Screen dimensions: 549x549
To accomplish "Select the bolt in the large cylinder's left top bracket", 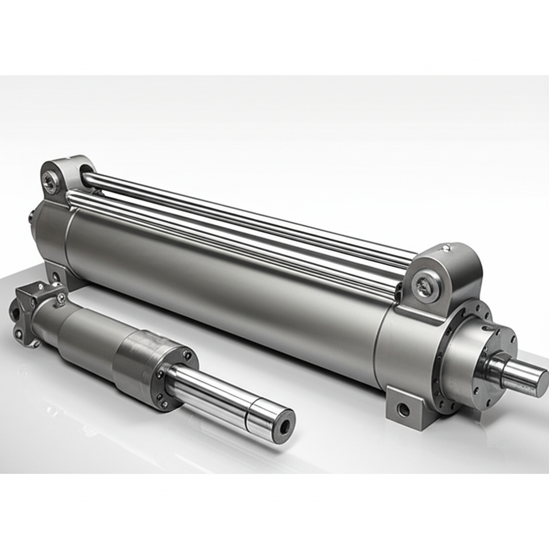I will pos(50,182).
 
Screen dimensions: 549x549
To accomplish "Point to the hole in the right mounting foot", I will pos(403,410).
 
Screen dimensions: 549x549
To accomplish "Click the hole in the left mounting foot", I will pos(55,277).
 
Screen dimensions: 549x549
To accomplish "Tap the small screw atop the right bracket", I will pos(446,248).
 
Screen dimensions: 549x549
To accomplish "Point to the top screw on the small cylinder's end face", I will pos(187,354).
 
